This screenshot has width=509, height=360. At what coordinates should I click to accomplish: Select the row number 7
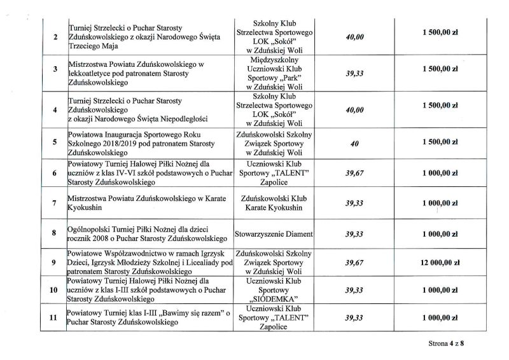[x=54, y=204]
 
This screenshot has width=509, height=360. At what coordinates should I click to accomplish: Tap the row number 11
[x=54, y=317]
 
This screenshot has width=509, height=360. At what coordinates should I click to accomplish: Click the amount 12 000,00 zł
[x=439, y=261]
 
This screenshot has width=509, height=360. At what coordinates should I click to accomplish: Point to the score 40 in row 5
[x=355, y=144]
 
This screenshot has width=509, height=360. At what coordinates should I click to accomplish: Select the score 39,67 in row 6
[x=355, y=172]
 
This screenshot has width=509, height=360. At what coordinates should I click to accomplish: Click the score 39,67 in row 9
[x=355, y=261]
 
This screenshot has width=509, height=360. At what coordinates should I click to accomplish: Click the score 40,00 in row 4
[x=355, y=110]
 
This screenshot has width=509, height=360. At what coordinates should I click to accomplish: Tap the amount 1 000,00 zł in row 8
[x=439, y=234]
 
